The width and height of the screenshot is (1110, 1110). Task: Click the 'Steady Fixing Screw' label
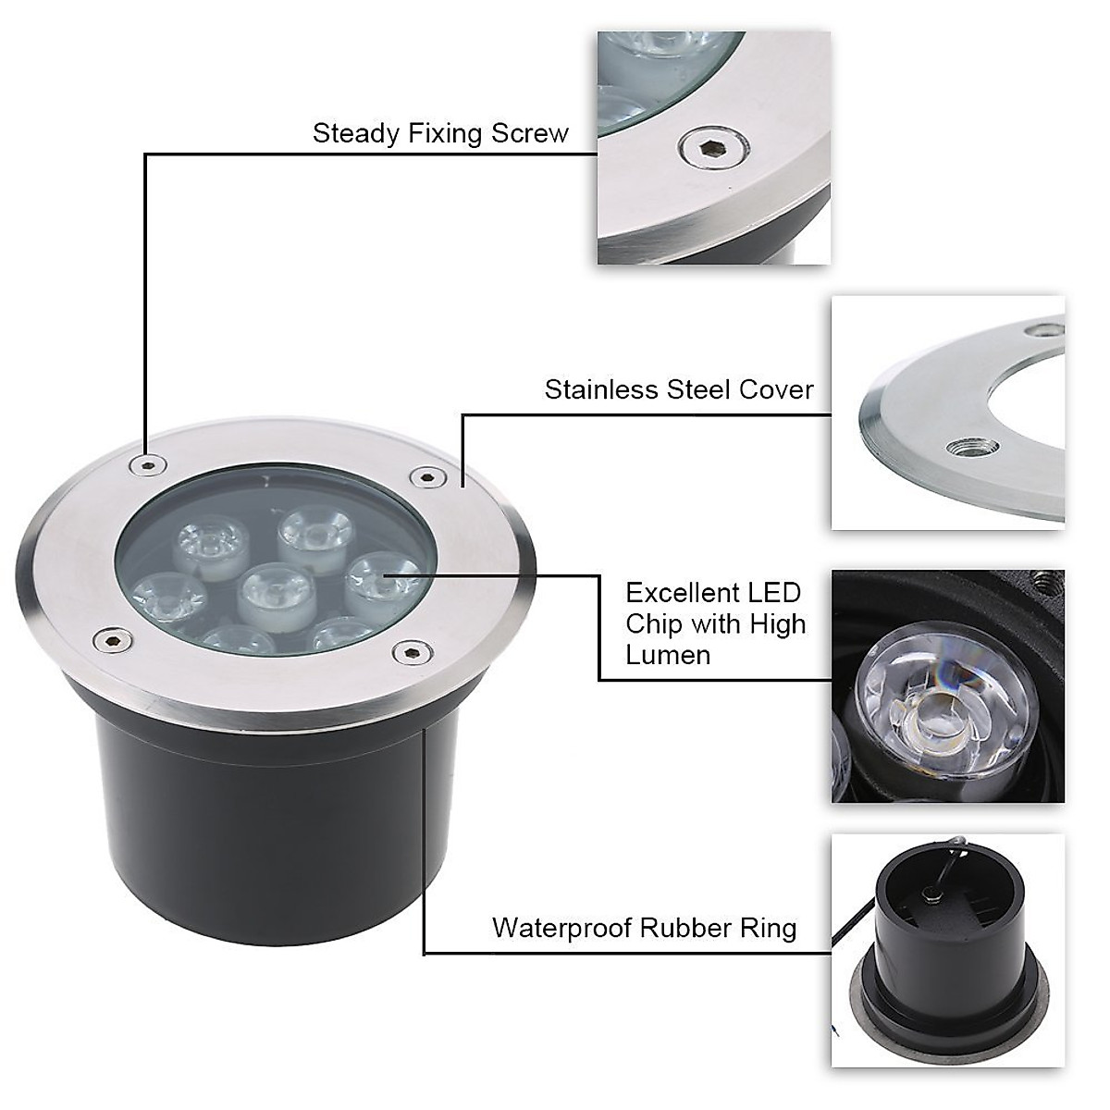440,133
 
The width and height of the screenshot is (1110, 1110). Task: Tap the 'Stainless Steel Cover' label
679,389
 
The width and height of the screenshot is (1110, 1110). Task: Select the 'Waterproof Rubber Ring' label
644,928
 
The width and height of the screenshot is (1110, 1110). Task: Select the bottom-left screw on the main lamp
110,638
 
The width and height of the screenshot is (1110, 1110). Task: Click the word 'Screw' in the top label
530,133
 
